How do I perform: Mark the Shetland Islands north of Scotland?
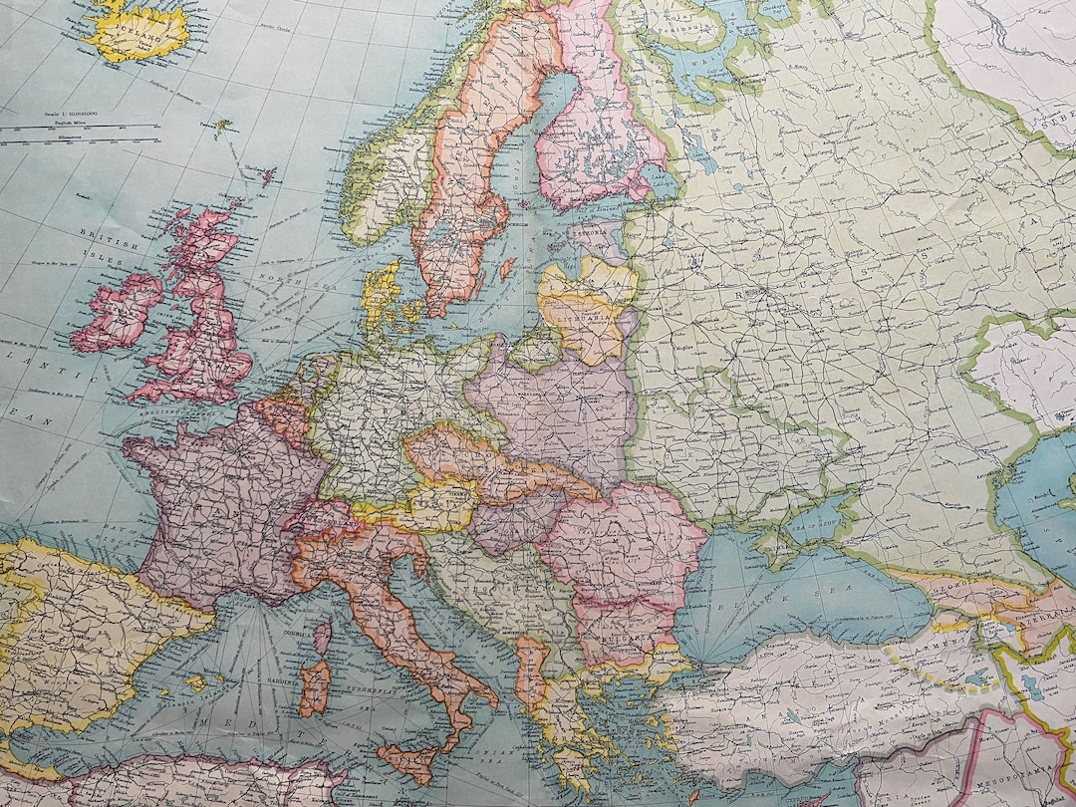267,177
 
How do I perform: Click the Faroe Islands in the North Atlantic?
222,128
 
